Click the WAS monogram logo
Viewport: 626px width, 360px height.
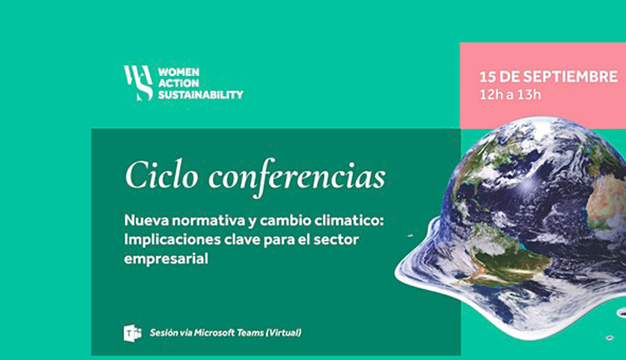[x=138, y=83]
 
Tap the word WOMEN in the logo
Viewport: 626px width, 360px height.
[x=179, y=72]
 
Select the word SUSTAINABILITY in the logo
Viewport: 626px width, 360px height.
[x=200, y=94]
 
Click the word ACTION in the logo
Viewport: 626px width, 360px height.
[x=179, y=84]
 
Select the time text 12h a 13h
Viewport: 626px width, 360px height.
[x=510, y=94]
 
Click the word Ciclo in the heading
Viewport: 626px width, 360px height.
[x=162, y=175]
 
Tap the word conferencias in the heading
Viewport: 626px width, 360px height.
[x=297, y=178]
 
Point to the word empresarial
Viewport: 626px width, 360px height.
[x=166, y=259]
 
